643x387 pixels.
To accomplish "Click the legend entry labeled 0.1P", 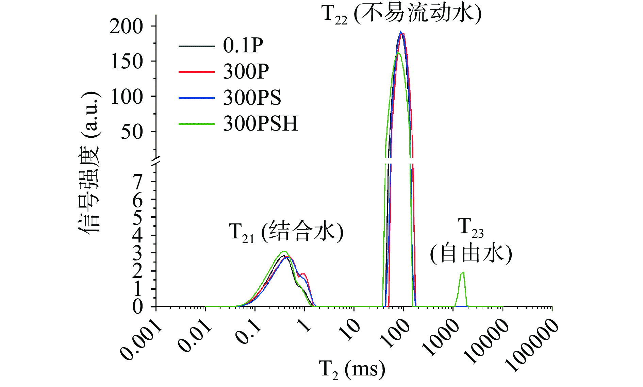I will (243, 45).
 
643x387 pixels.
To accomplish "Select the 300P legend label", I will (246, 71).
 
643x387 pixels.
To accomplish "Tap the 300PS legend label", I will (252, 98).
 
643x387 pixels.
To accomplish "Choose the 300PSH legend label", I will (261, 123).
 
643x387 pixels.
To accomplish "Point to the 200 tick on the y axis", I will (126, 27).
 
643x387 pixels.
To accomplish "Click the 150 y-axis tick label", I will (126, 62).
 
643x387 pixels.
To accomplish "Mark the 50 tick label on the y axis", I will (132, 132).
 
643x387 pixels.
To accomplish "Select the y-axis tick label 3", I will (138, 253).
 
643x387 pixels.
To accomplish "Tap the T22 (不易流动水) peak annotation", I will (401, 14).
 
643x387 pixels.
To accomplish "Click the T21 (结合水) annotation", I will (286, 232).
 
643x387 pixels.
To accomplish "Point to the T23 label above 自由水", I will (471, 227).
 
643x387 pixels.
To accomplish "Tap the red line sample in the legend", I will (196, 72).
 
